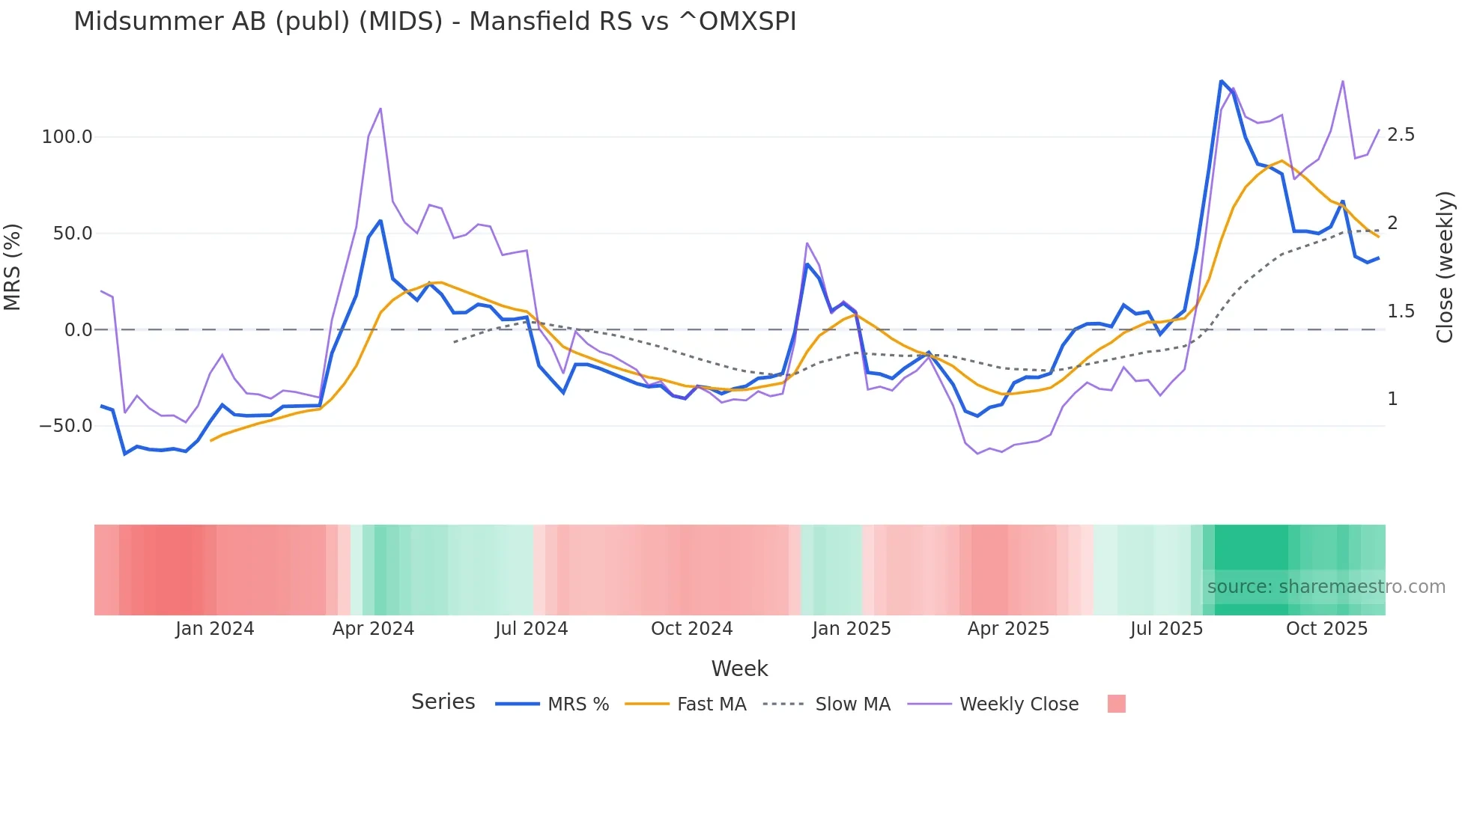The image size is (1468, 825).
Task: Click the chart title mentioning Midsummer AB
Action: coord(434,22)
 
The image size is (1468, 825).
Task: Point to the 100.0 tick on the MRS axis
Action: coord(67,137)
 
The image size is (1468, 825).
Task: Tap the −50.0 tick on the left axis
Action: coord(66,426)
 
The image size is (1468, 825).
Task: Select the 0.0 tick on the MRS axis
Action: coord(79,330)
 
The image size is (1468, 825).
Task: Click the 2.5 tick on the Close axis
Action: coord(1401,135)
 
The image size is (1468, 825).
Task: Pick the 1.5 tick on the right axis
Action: coord(1401,311)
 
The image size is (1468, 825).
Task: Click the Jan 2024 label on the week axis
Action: coord(215,629)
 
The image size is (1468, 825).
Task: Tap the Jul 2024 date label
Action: coord(531,629)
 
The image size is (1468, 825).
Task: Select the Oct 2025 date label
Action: coord(1326,629)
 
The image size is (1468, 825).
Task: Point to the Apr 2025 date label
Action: coord(1008,629)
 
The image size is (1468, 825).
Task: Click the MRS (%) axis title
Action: coord(13,267)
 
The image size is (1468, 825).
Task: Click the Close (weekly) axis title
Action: coord(1445,267)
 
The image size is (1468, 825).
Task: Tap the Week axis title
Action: coord(739,669)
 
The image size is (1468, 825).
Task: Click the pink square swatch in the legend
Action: coord(1116,704)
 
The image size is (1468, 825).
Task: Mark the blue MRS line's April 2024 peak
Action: coord(380,221)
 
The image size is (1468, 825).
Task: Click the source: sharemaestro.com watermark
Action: coord(1326,587)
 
